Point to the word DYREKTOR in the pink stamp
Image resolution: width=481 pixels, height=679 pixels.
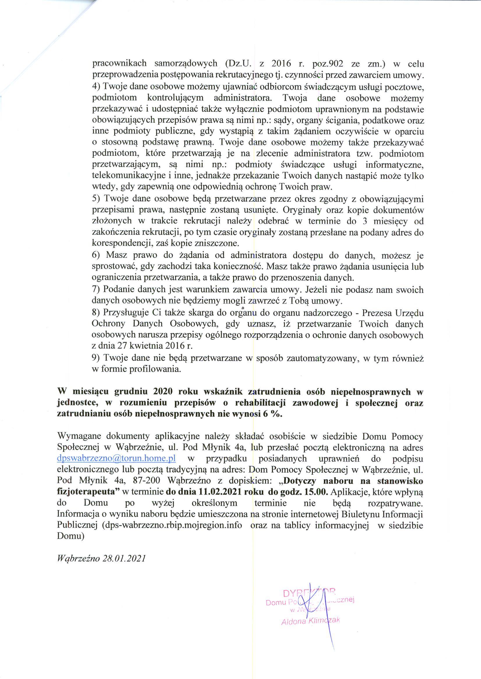[x=309, y=593]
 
